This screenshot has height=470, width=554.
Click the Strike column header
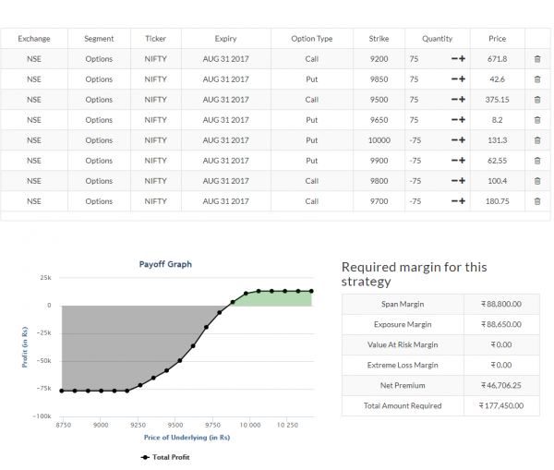pyautogui.click(x=379, y=39)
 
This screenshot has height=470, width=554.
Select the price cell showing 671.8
pyautogui.click(x=498, y=59)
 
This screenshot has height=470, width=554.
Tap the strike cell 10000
pyautogui.click(x=379, y=140)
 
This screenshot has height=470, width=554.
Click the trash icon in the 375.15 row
pyautogui.click(x=537, y=100)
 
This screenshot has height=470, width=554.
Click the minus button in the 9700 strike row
pyautogui.click(x=453, y=201)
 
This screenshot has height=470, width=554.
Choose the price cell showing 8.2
pyautogui.click(x=498, y=120)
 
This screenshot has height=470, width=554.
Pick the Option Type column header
pyautogui.click(x=312, y=39)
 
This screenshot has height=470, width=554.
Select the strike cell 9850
pyautogui.click(x=379, y=79)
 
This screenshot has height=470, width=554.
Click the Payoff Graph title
pyautogui.click(x=165, y=263)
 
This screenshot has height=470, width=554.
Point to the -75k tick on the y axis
pyautogui.click(x=42, y=389)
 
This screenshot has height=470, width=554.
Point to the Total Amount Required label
pyautogui.click(x=403, y=405)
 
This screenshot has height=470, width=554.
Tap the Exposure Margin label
pyautogui.click(x=403, y=324)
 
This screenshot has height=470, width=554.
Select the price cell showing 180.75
pyautogui.click(x=498, y=201)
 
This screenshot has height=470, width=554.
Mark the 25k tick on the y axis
pyautogui.click(x=44, y=277)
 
